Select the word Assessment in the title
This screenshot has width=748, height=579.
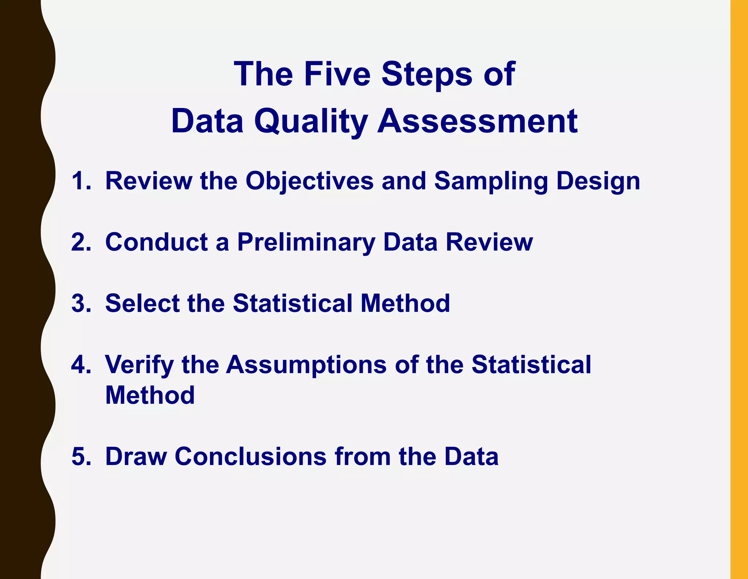coord(477,121)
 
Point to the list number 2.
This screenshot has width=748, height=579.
coord(81,242)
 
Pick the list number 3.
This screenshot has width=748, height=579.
coord(81,303)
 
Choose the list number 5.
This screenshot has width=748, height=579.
coord(81,456)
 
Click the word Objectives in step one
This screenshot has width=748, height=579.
coord(310,181)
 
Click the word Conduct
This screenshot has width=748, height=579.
coord(156,242)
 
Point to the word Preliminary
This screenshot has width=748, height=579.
coord(306,243)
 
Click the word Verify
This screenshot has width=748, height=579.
coord(139,365)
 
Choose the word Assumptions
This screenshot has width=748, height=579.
coord(306,365)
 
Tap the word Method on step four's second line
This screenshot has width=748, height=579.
coord(150,395)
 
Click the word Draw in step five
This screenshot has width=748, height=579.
coord(136,456)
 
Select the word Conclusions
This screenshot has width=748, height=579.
coord(251,456)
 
